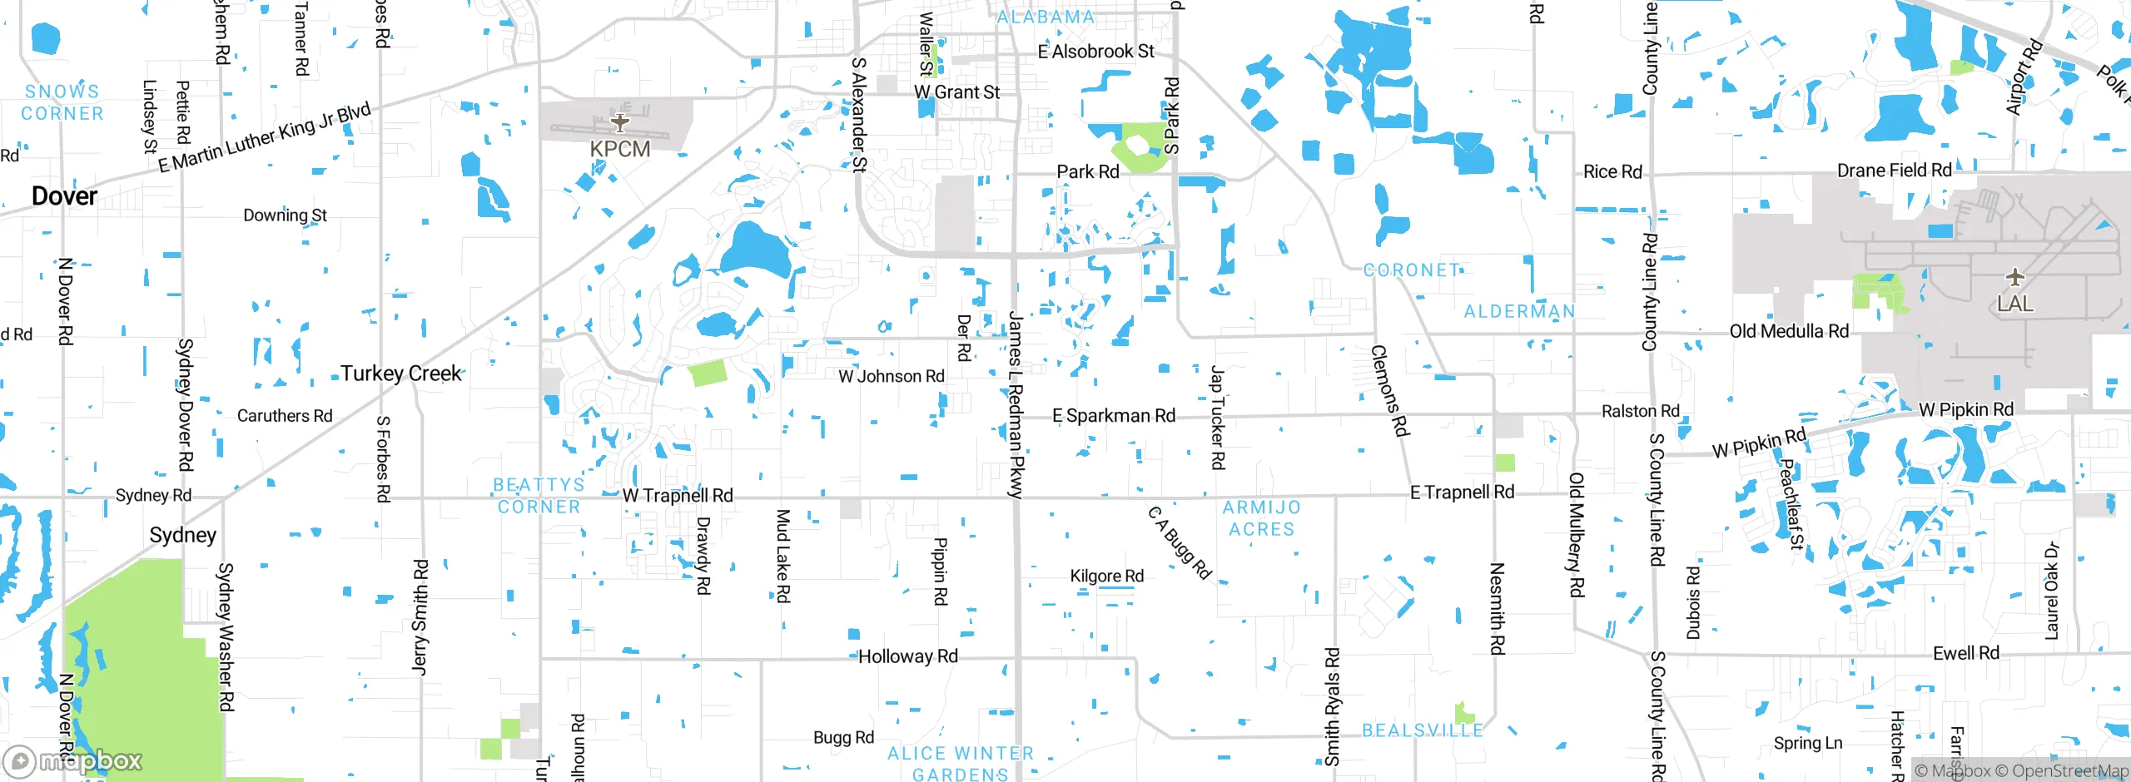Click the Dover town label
coord(64,196)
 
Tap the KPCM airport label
coord(619,149)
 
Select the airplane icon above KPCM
coord(619,123)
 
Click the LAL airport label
coord(2014,304)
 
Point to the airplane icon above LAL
coord(2014,276)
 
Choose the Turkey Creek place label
coord(400,374)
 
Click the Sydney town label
coord(183,535)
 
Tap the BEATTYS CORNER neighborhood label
coord(539,496)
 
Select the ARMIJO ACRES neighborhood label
coord(1261,518)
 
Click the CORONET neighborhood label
coord(1412,270)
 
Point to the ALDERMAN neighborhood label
coord(1519,311)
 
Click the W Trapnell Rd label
coord(678,496)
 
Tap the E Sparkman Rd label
coord(1114,415)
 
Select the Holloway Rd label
coord(908,656)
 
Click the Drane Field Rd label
coord(1894,171)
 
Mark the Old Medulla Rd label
coord(1789,331)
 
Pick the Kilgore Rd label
coord(1106,576)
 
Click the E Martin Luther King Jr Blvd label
coord(265,138)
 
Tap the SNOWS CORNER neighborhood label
coord(62,102)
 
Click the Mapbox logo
coord(72,760)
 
